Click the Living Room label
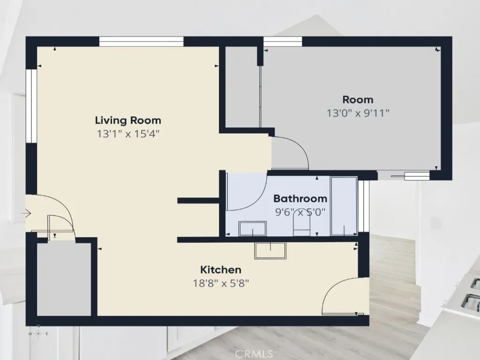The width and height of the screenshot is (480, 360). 128,120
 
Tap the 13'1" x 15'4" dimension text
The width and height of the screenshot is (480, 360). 128,134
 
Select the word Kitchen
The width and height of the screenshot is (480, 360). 221,270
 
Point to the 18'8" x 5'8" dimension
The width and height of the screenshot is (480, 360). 221,284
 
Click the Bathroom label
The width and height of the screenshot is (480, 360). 300,199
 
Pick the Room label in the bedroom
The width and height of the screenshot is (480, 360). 358,99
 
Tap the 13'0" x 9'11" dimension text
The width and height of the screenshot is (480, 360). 358,113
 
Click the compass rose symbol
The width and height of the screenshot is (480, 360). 38,334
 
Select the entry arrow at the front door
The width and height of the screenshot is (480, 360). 26,213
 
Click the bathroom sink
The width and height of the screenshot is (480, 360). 253,228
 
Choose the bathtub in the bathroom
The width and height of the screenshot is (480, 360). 344,206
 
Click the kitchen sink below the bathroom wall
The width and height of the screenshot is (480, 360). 270,250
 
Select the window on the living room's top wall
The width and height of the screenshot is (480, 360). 142,41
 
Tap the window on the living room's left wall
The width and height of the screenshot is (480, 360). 31,106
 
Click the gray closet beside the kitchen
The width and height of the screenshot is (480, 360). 64,279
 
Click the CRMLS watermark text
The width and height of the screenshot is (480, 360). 254,354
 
